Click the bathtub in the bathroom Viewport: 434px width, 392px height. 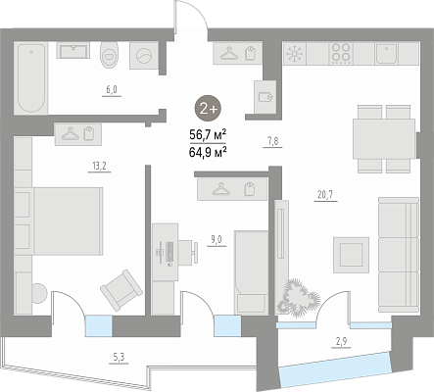click(x=31, y=78)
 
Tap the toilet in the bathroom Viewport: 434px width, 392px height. click(x=110, y=55)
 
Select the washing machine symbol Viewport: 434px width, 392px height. click(x=144, y=56)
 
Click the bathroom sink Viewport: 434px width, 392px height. click(x=73, y=50)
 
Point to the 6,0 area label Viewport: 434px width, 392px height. click(x=112, y=89)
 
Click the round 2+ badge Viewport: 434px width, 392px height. click(x=208, y=109)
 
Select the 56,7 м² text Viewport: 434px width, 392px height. click(x=208, y=134)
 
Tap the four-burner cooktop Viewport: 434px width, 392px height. click(x=341, y=53)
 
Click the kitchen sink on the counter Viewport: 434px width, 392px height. click(x=386, y=53)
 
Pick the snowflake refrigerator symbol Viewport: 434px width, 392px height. click(x=295, y=53)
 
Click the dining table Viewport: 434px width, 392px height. click(x=384, y=139)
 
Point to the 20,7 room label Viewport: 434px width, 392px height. click(x=325, y=195)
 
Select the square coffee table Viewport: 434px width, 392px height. click(x=351, y=255)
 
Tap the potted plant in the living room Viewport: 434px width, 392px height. click(x=298, y=298)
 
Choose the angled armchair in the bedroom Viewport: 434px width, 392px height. click(x=121, y=290)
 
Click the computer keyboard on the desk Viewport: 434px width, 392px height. click(x=169, y=252)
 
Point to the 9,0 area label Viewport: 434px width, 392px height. click(x=217, y=240)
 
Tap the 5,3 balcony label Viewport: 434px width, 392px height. click(x=119, y=358)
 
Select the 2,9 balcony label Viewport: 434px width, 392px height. click(x=341, y=342)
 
